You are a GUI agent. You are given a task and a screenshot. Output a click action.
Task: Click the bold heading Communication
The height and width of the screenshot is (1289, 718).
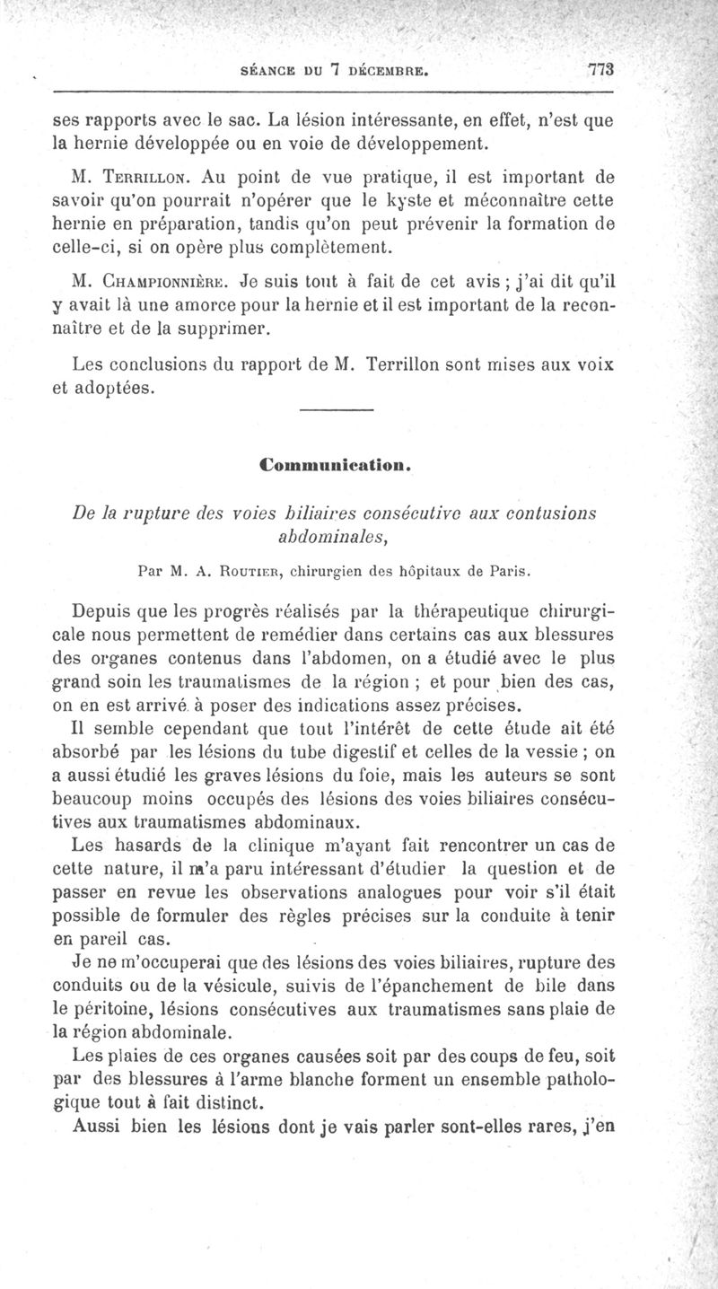pos(334,466)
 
